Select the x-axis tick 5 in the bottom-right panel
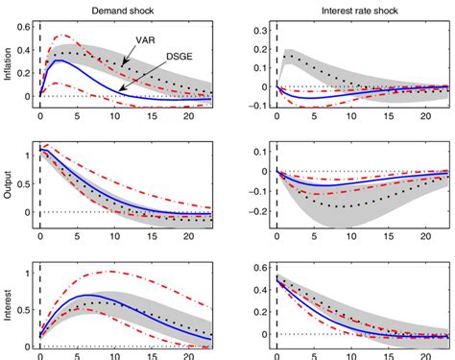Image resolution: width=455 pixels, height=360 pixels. pyautogui.click(x=300, y=355)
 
